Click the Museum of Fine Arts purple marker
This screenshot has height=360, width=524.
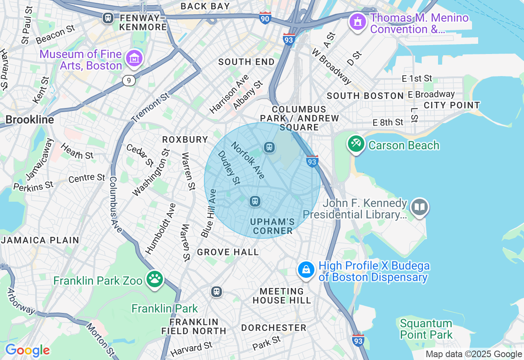tap(134, 59)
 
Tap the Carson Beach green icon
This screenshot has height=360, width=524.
tap(356, 144)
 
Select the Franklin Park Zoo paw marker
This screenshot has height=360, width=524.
tap(155, 279)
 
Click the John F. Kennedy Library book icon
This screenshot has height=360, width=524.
tap(420, 207)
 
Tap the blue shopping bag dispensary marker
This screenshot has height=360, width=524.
tap(306, 270)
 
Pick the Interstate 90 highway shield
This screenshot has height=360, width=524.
tap(265, 18)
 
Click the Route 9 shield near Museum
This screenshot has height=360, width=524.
tap(129, 81)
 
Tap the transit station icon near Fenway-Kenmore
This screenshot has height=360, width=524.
tap(108, 18)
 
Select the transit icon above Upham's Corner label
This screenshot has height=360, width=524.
tap(255, 201)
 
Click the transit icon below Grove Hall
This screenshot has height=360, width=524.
tap(217, 292)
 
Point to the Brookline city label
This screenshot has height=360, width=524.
tap(29, 120)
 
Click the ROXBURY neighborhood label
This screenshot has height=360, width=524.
tap(185, 139)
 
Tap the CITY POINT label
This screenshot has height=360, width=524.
tap(452, 105)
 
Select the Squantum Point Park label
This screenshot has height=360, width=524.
tap(426, 329)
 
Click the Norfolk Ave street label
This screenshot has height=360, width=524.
tap(248, 160)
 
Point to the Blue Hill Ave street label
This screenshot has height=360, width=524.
tap(208, 213)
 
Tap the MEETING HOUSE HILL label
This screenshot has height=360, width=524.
tap(282, 296)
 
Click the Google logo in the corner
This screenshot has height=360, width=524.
tap(27, 350)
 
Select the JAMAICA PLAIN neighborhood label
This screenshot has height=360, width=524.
tap(40, 240)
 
